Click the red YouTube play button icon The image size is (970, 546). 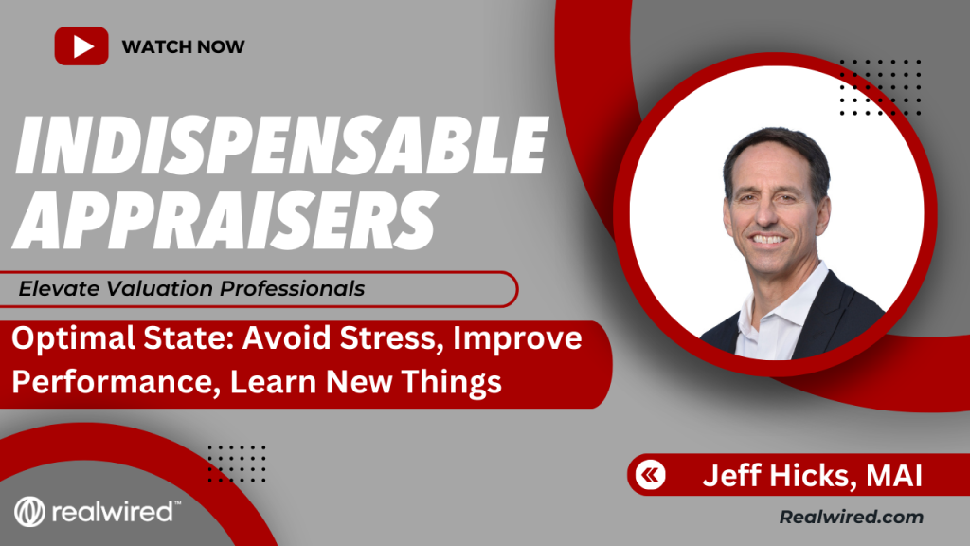pyautogui.click(x=81, y=45)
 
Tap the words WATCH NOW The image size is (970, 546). pyautogui.click(x=183, y=46)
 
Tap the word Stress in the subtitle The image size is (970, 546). pyautogui.click(x=391, y=338)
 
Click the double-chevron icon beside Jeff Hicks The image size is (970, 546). pyautogui.click(x=650, y=475)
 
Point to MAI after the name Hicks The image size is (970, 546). pyautogui.click(x=894, y=476)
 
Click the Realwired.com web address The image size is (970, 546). pyautogui.click(x=852, y=517)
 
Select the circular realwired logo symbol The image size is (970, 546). pyautogui.click(x=29, y=512)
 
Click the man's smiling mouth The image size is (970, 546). pyautogui.click(x=768, y=239)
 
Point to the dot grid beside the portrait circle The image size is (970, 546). pyautogui.click(x=880, y=87)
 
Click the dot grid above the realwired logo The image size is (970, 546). pyautogui.click(x=237, y=463)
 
